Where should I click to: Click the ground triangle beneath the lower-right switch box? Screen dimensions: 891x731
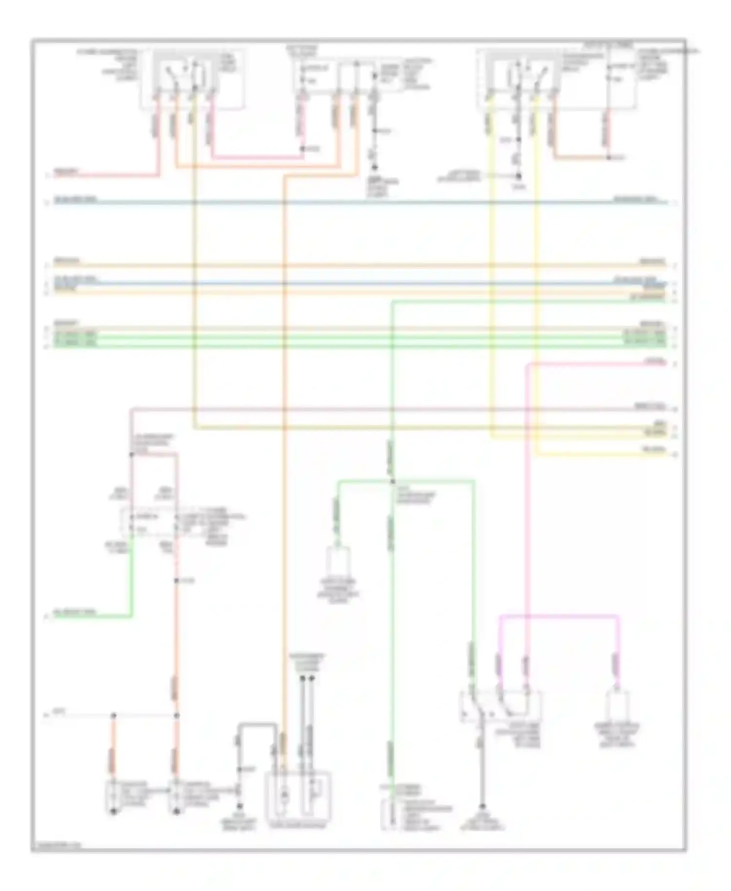(482, 807)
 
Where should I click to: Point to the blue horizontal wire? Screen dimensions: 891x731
(361, 283)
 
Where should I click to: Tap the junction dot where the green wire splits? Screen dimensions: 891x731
(393, 482)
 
